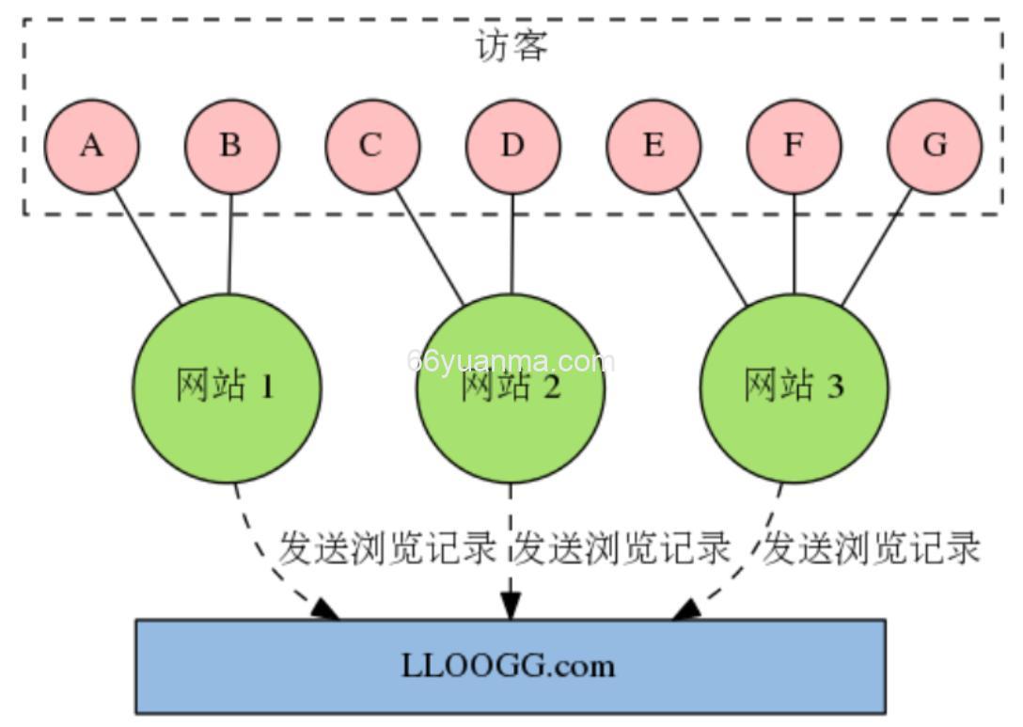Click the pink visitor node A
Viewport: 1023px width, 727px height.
91,147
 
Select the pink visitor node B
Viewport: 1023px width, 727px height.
231,147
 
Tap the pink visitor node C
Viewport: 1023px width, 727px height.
371,147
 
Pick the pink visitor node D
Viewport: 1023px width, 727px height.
512,147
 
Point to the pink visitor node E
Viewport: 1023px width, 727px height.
653,147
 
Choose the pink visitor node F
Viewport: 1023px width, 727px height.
794,147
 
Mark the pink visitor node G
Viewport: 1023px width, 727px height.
934,147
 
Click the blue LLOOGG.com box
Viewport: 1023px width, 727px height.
510,666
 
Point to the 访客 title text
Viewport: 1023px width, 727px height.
511,46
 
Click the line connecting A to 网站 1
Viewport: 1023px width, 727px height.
148,247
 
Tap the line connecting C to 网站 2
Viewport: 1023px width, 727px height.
429,247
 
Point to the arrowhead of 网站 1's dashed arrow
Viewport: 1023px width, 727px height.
325,610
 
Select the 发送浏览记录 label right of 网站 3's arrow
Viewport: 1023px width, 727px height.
871,547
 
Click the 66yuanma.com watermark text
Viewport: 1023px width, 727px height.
511,362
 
